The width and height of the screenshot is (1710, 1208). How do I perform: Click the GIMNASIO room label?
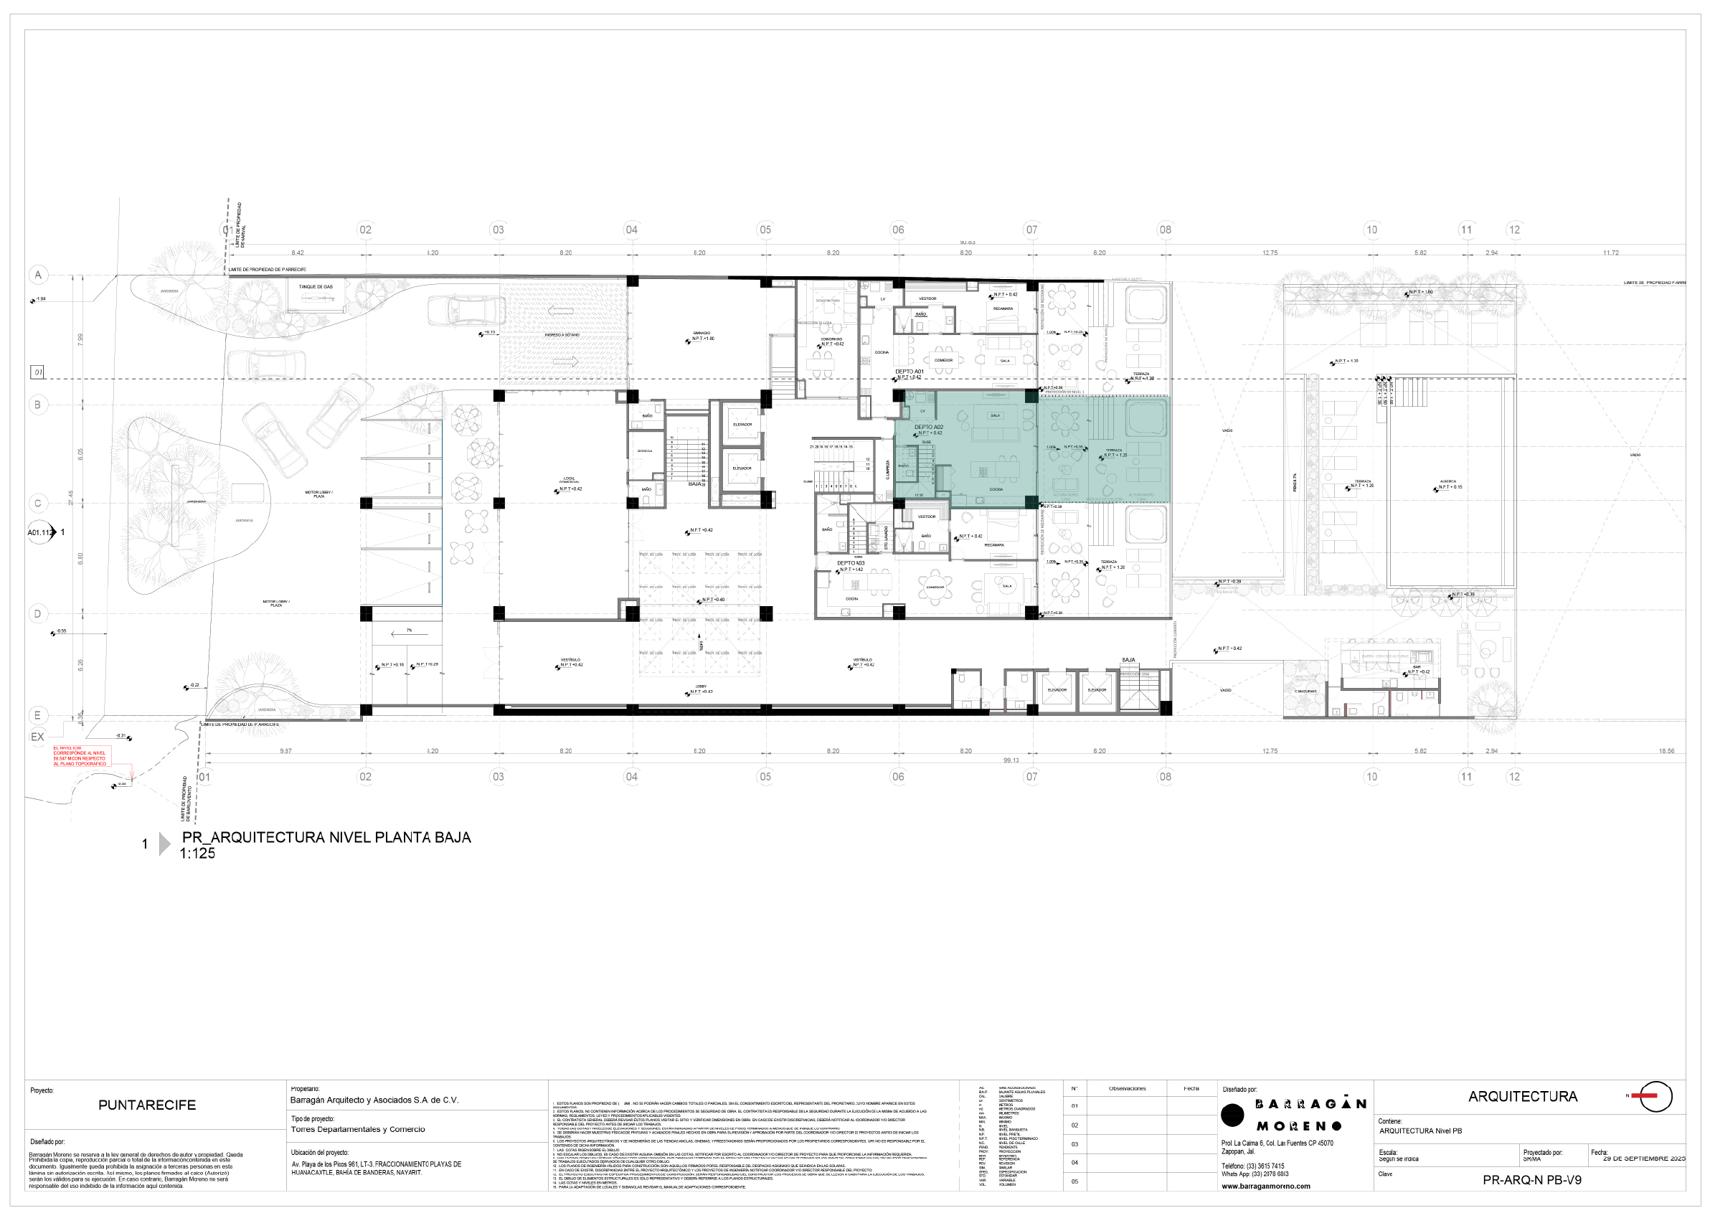click(x=701, y=333)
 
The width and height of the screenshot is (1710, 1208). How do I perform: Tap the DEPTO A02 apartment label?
click(x=928, y=427)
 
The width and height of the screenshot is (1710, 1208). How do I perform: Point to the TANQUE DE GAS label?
click(x=316, y=287)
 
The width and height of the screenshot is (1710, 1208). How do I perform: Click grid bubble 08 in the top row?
click(x=1165, y=230)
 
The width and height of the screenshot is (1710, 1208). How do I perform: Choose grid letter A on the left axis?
click(x=38, y=275)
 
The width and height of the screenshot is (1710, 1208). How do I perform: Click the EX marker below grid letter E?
click(x=37, y=737)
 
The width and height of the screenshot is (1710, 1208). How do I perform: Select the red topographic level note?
click(x=80, y=756)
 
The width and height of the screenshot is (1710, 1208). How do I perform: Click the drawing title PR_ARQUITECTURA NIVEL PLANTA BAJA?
click(x=326, y=837)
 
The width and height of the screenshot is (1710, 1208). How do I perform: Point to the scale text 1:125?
click(x=197, y=854)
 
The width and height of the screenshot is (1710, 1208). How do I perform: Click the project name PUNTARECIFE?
click(x=147, y=1105)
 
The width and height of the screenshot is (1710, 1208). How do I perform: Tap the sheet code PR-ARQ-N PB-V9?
click(x=1531, y=1180)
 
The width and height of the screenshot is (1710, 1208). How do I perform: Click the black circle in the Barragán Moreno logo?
click(x=1232, y=1115)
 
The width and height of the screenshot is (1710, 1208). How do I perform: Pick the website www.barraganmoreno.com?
click(x=1265, y=1186)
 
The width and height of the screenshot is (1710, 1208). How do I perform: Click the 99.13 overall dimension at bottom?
click(x=1011, y=760)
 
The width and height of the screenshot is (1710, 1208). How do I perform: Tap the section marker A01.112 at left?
click(x=40, y=532)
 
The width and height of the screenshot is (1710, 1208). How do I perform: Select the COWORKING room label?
click(x=831, y=339)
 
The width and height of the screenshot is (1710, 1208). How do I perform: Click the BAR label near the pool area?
click(x=1417, y=667)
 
